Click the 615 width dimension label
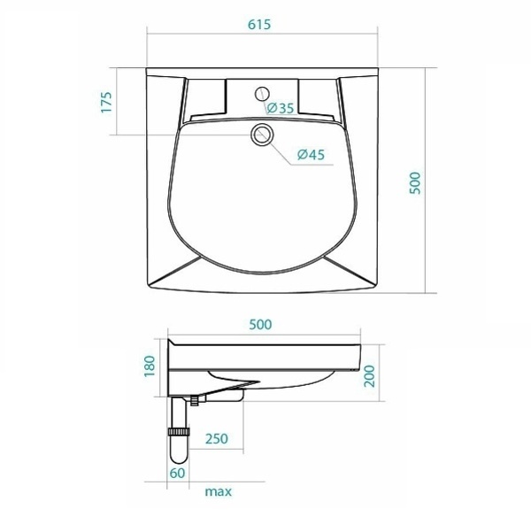(259, 25)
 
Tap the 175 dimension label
(106, 102)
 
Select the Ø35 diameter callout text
(281, 108)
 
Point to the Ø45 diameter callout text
(311, 155)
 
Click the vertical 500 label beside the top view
(415, 183)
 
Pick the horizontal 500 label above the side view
(260, 325)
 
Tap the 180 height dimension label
(150, 366)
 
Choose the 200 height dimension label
(369, 376)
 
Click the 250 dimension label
(217, 439)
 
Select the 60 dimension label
(178, 474)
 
